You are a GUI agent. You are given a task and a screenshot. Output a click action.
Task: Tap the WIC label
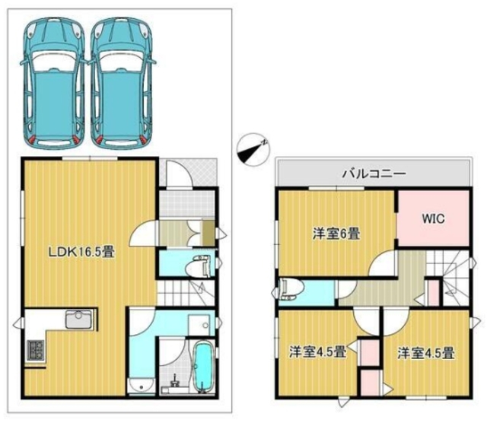coord(434,218)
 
